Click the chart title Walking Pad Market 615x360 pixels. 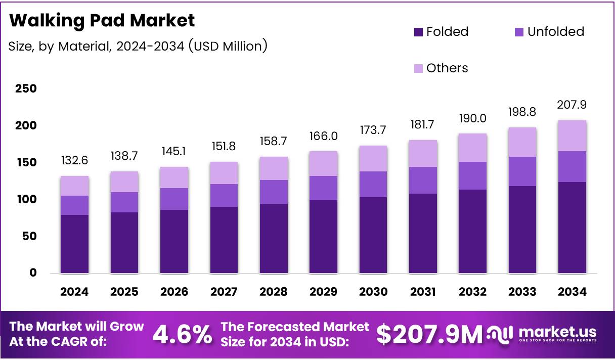click(102, 20)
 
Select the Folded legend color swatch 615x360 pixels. click(418, 32)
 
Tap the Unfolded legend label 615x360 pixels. click(555, 32)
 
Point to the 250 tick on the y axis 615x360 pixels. click(25, 89)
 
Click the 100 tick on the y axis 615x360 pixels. click(25, 200)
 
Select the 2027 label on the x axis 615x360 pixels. click(224, 292)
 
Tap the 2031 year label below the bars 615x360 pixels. click(423, 292)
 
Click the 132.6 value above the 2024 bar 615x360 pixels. click(74, 161)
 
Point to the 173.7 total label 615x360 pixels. click(373, 130)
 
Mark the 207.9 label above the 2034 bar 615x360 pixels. click(572, 105)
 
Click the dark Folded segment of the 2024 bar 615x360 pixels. click(74, 244)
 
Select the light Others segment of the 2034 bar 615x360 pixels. click(572, 136)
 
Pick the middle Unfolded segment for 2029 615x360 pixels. click(323, 188)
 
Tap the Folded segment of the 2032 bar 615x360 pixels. click(472, 231)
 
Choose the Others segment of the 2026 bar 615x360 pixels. click(174, 177)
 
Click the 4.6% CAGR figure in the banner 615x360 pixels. click(182, 335)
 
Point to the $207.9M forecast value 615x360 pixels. click(430, 335)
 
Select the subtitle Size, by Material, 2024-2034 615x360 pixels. click(138, 47)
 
